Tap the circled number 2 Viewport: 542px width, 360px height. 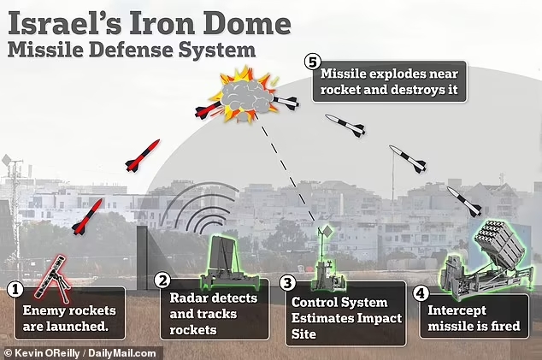(163, 280)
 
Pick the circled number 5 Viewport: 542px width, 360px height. (313, 62)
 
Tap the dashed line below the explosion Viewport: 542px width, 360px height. (291, 175)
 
